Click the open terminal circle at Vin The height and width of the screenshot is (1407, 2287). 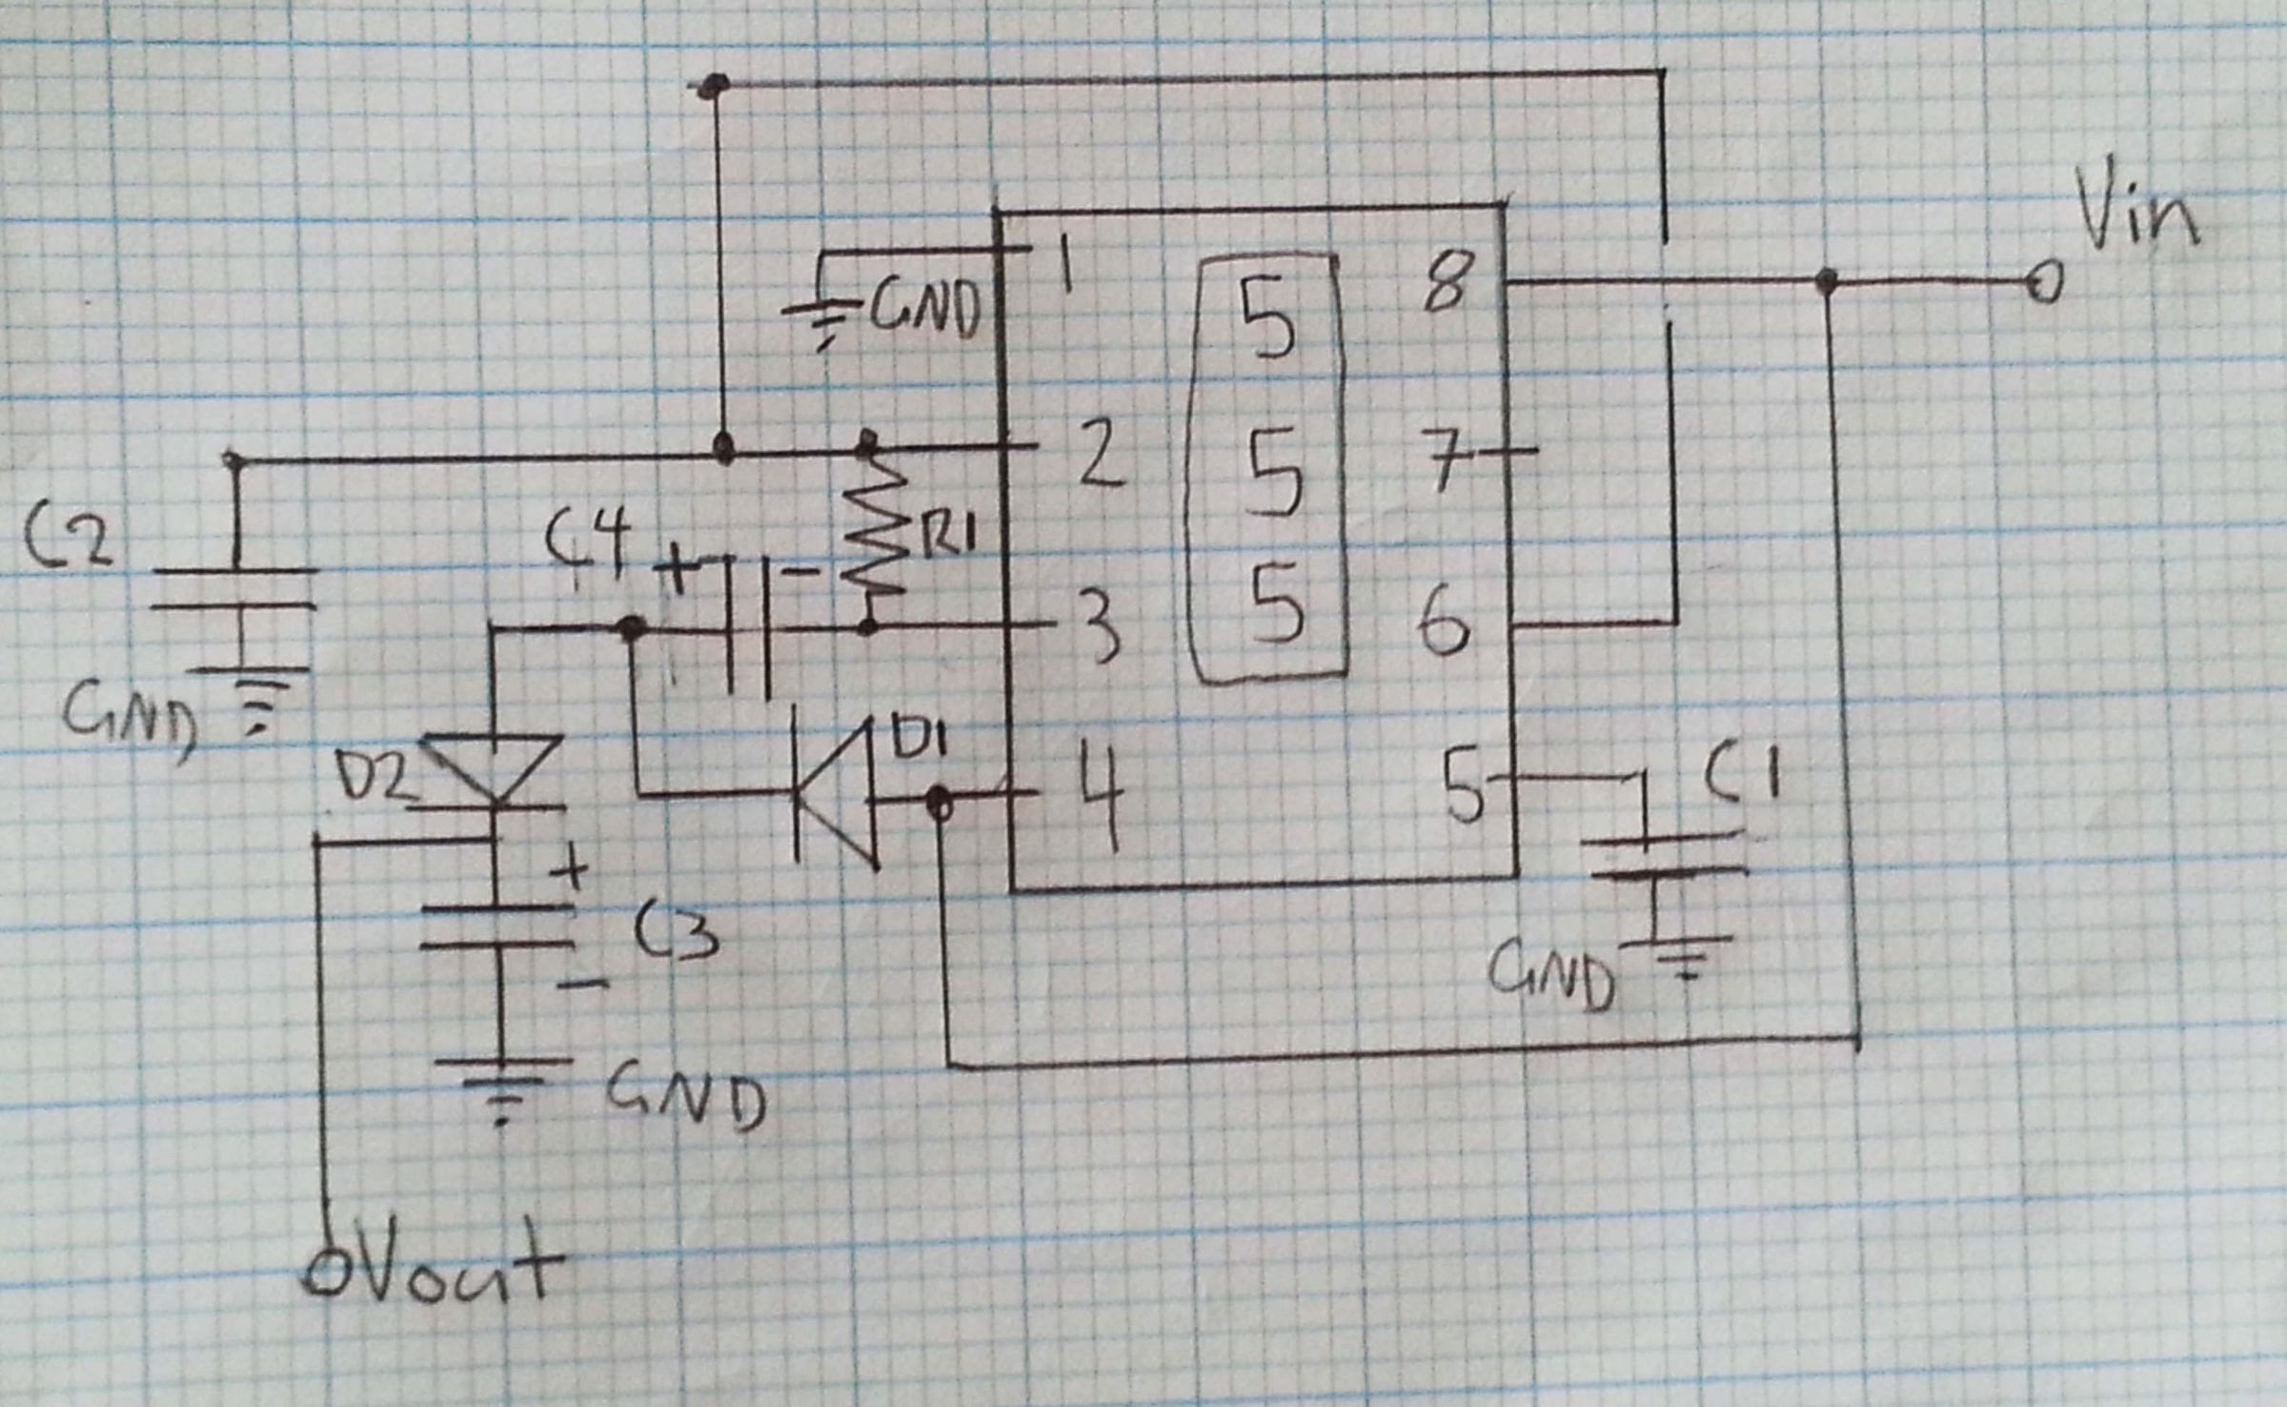(2043, 282)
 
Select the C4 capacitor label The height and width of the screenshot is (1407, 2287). (588, 540)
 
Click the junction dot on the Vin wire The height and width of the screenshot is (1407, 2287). (1826, 281)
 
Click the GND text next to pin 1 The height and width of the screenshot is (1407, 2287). (923, 310)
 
